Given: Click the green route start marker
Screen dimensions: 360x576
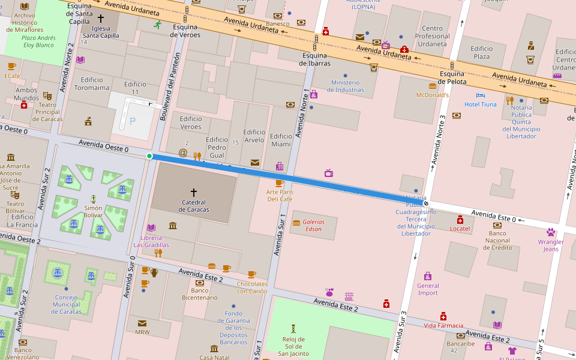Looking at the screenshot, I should [149, 157].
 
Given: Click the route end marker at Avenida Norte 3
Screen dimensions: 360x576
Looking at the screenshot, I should [426, 203].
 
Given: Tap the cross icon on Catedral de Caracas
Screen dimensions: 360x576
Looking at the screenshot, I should [193, 193].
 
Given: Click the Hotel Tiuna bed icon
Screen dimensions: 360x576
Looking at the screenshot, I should [480, 95].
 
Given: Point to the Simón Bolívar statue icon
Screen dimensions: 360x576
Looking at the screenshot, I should [93, 199].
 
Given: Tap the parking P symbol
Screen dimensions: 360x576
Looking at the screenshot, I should [133, 121].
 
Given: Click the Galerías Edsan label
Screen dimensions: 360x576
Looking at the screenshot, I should [314, 225].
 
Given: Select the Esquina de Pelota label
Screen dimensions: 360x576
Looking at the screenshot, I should [452, 78].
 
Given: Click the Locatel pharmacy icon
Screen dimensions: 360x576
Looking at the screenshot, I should [460, 220].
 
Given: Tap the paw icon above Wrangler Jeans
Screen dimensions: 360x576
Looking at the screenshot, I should [551, 232].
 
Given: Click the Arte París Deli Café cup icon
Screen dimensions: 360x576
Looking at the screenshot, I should [279, 183].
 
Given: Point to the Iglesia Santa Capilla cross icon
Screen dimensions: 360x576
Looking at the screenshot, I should [101, 19].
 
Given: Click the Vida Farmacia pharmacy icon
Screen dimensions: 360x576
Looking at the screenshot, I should [443, 316].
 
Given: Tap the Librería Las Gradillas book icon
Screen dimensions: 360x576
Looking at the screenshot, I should [151, 227].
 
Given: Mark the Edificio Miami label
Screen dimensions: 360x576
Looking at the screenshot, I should [281, 140].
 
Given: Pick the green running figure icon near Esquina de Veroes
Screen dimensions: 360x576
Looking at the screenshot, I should [157, 25].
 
